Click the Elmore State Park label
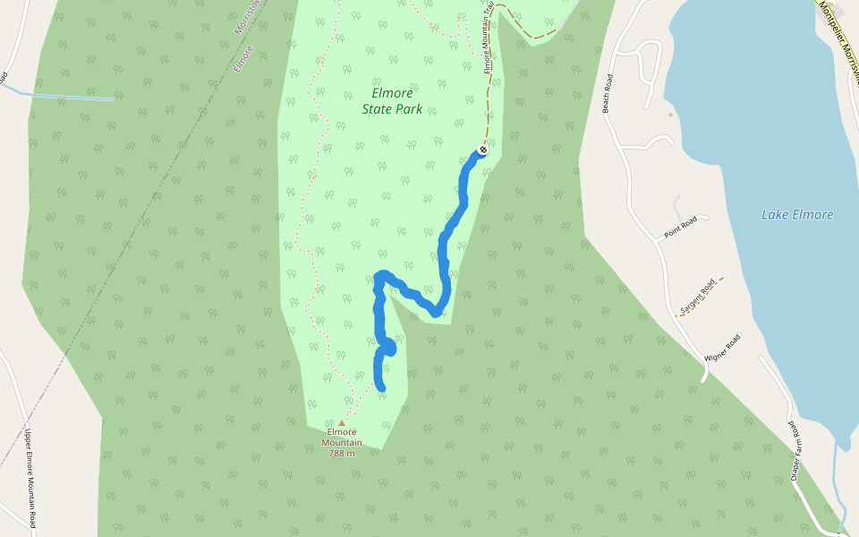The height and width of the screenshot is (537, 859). [392, 101]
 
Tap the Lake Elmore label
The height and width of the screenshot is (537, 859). [796, 215]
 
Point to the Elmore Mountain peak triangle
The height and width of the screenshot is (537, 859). [341, 423]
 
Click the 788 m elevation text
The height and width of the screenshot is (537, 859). [342, 453]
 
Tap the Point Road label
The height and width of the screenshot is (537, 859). [680, 228]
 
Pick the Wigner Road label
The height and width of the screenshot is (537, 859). [722, 346]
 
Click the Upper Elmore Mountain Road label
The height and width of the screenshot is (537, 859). [30, 476]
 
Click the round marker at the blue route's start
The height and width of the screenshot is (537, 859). [482, 149]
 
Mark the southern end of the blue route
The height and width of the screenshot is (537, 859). [381, 387]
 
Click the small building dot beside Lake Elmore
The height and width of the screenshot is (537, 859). [670, 115]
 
